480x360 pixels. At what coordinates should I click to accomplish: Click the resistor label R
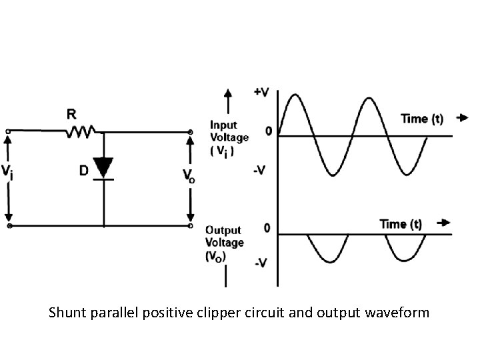(71, 115)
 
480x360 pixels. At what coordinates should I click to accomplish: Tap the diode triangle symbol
(103, 166)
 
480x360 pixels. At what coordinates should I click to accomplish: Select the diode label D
(83, 171)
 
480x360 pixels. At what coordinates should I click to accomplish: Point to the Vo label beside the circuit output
(189, 175)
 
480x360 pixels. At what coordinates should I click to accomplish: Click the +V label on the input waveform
(262, 92)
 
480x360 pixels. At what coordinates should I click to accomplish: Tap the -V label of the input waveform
(260, 171)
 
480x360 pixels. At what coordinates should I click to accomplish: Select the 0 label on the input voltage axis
(268, 131)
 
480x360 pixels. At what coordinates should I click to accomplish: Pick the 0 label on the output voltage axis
(267, 229)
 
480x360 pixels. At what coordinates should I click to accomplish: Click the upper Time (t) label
(422, 119)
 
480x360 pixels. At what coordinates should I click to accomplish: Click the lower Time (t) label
(401, 224)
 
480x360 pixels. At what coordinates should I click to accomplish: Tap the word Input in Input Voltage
(223, 125)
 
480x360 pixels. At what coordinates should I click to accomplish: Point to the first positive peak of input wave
(295, 95)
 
